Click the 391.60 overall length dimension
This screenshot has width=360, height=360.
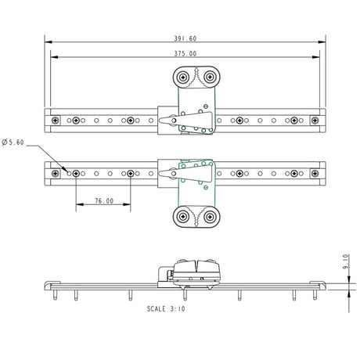(186, 38)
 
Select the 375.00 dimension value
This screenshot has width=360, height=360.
(186, 54)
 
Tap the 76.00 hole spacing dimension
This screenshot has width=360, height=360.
(103, 200)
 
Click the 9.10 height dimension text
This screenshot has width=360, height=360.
(345, 261)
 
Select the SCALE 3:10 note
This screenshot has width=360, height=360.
(166, 308)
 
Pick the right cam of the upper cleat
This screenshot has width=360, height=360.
(209, 77)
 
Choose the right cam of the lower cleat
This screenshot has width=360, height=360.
(209, 217)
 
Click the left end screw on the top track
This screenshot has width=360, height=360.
(56, 121)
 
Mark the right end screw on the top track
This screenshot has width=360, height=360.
(315, 121)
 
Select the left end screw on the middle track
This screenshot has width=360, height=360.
(56, 173)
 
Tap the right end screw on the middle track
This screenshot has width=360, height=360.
(315, 173)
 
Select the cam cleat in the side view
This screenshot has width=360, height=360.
(196, 271)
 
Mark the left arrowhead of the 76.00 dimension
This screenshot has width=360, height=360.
(78, 207)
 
